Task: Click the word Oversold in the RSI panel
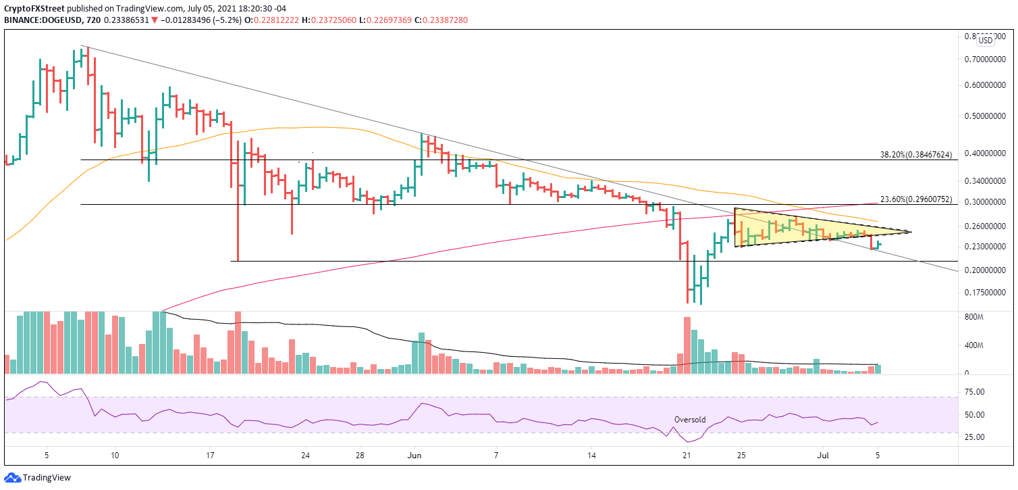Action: click(690, 420)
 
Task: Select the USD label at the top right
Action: click(986, 41)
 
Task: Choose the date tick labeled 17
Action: click(210, 455)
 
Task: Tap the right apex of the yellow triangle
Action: click(911, 232)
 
